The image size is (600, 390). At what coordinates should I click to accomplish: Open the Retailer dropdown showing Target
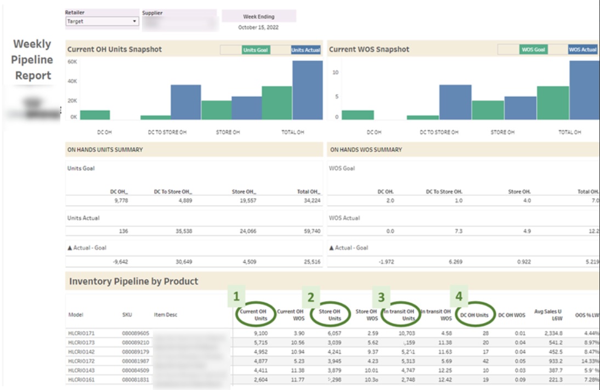tap(101, 21)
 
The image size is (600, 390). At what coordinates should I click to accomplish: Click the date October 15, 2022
tap(258, 27)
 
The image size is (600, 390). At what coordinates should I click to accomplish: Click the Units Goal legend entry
tap(255, 50)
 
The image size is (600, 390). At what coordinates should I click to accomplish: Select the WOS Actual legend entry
tap(582, 50)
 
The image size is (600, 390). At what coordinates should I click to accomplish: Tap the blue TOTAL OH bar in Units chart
tap(307, 90)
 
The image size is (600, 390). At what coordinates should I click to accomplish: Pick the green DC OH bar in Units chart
tap(95, 115)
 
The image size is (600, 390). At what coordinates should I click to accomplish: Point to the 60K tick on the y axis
tap(72, 61)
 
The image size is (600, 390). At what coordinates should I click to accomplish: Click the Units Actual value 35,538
tap(182, 231)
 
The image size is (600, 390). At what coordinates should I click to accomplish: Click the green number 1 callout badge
tap(236, 297)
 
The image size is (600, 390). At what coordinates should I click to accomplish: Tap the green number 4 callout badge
tap(459, 297)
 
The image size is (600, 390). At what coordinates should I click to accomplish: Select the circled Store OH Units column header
tap(330, 315)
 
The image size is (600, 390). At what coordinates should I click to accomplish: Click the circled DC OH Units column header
tap(474, 315)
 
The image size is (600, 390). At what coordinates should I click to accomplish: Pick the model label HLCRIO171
tap(81, 333)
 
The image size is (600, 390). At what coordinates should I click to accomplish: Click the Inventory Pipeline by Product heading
tap(133, 281)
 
